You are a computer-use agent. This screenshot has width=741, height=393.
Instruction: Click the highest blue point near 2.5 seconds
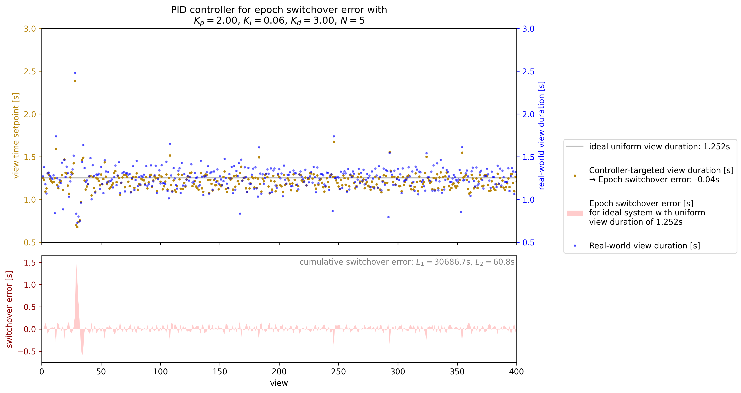click(x=75, y=73)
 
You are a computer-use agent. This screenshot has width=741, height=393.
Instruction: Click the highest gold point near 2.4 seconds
click(x=75, y=81)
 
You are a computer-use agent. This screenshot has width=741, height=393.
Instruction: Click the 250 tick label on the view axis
click(x=338, y=372)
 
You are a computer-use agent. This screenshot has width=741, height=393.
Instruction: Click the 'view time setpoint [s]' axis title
click(x=16, y=135)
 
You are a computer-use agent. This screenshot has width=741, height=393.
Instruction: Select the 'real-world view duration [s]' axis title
click(x=541, y=135)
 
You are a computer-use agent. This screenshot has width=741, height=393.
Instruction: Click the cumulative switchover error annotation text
click(x=407, y=262)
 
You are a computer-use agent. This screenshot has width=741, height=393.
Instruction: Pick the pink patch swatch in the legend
click(x=575, y=213)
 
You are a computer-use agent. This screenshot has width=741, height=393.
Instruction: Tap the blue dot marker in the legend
click(x=575, y=246)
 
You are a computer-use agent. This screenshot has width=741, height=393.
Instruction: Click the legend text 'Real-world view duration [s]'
click(x=644, y=246)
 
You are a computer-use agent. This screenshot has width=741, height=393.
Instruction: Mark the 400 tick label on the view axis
click(x=516, y=372)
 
